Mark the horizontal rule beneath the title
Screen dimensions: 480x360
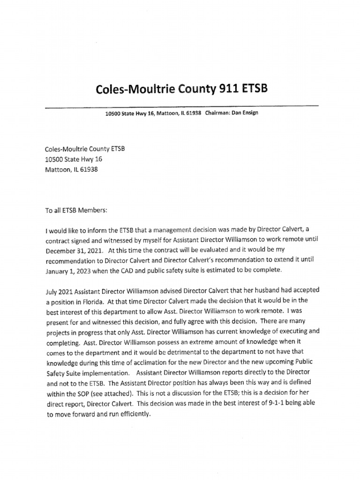(181, 107)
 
